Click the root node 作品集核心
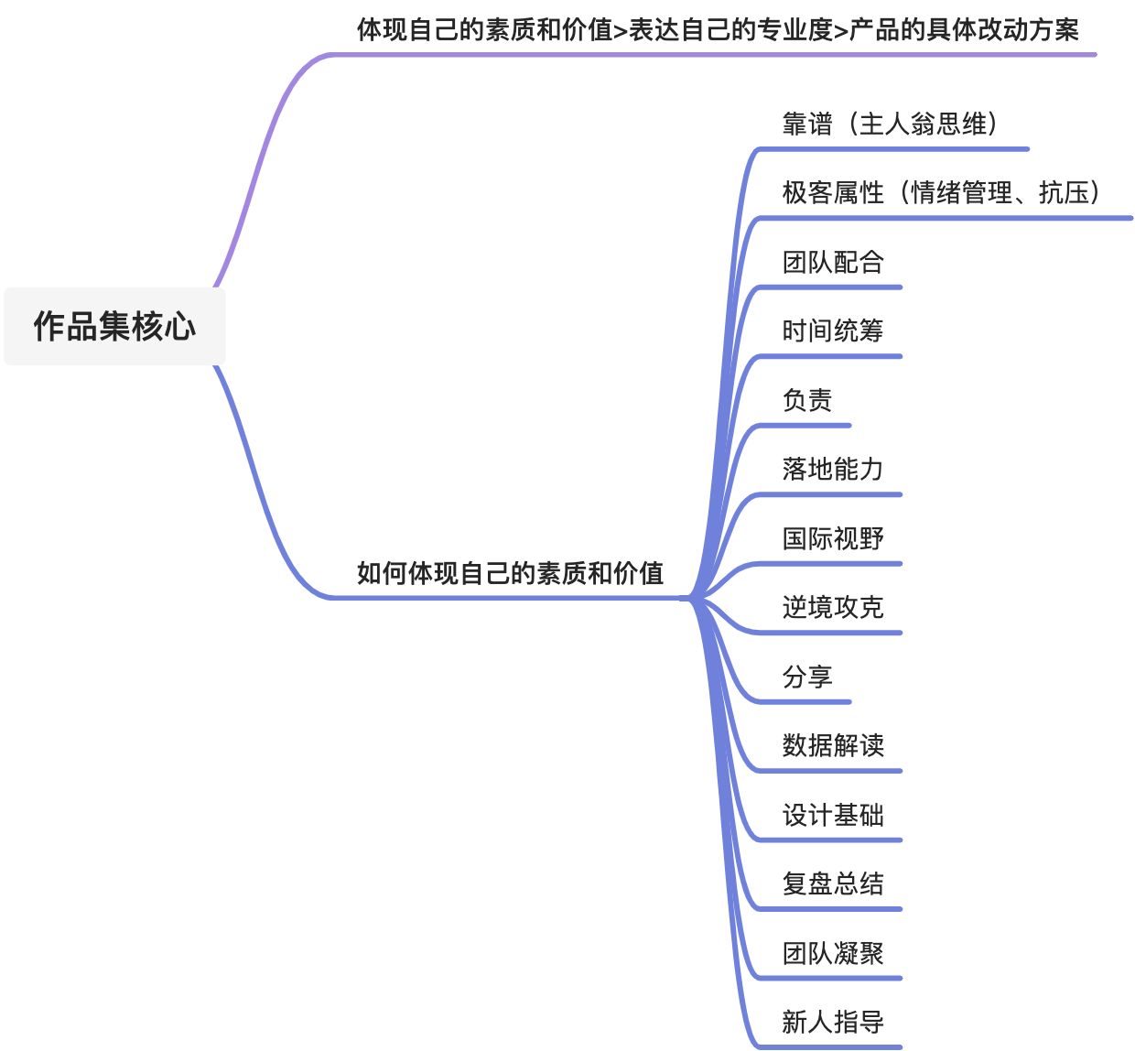[114, 326]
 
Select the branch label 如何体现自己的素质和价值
[510, 573]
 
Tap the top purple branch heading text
[718, 29]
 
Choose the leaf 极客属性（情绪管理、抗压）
[943, 192]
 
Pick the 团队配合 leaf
[833, 262]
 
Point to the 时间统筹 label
[833, 330]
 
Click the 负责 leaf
[807, 400]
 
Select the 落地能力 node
[833, 469]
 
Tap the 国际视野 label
[833, 538]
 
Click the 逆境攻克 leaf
[833, 607]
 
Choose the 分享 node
[807, 677]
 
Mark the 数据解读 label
[833, 745]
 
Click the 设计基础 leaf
[833, 815]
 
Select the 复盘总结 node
[833, 883]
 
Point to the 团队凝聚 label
[833, 953]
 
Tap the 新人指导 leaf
[833, 1022]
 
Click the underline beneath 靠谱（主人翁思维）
[892, 149]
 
